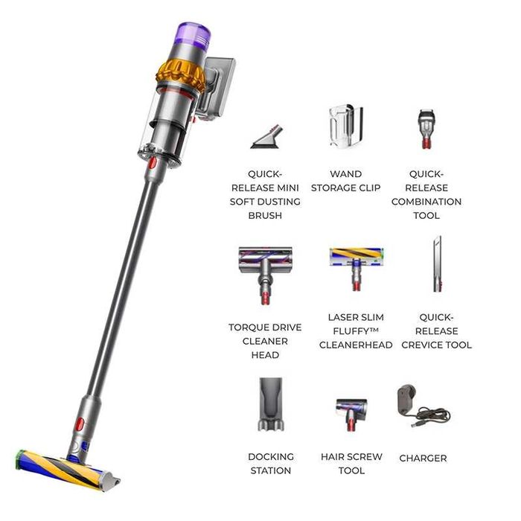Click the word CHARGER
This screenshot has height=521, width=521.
pos(423,458)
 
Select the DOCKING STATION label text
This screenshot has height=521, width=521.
pos(270,464)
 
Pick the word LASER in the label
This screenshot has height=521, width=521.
pos(342,317)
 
